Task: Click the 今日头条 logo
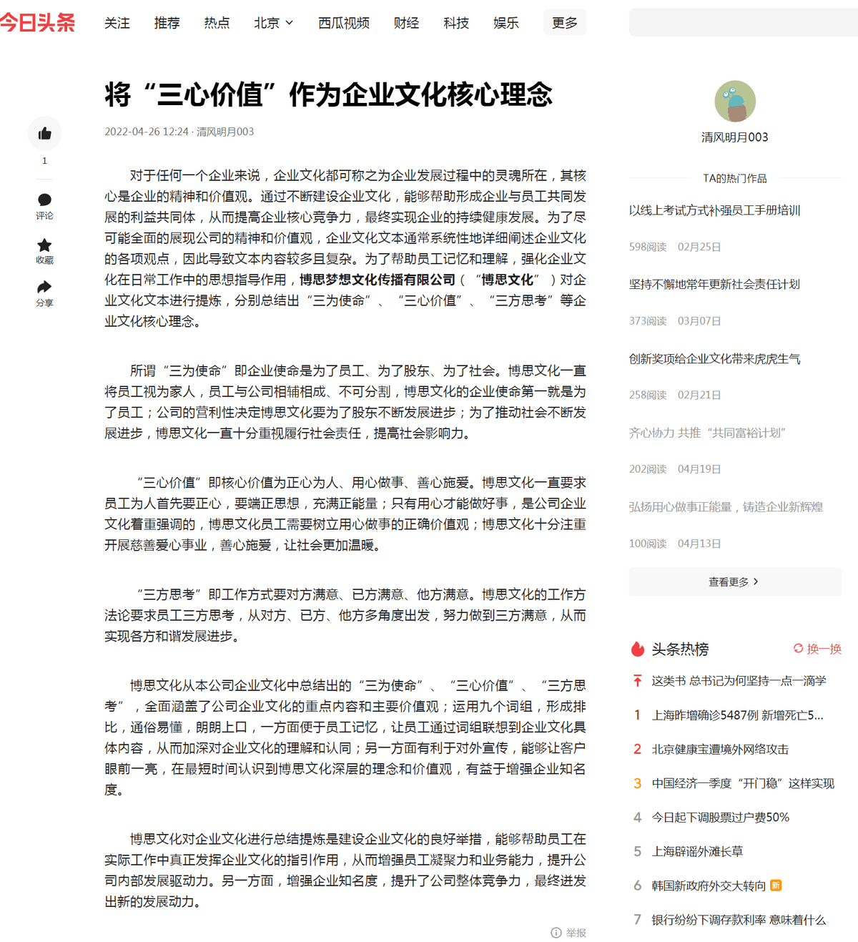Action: point(37,23)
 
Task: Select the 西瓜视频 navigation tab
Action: point(343,23)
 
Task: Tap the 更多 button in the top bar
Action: point(564,23)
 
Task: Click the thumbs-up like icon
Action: point(44,134)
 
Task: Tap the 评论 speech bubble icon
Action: point(44,200)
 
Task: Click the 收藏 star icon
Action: point(44,245)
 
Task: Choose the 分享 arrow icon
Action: point(44,288)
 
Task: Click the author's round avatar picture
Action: point(735,102)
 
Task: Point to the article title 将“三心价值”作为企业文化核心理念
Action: point(328,94)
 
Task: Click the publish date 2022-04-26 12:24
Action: point(147,132)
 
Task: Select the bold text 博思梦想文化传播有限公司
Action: point(377,280)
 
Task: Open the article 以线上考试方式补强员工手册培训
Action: point(714,210)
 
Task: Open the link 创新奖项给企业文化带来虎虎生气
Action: point(714,359)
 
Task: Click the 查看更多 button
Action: point(734,582)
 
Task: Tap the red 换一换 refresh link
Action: point(817,649)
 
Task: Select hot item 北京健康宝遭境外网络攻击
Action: point(719,749)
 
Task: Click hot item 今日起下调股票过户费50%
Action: point(720,817)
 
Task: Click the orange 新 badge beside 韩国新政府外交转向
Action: point(776,885)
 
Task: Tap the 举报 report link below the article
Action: point(569,933)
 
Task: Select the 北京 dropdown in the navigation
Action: point(273,23)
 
